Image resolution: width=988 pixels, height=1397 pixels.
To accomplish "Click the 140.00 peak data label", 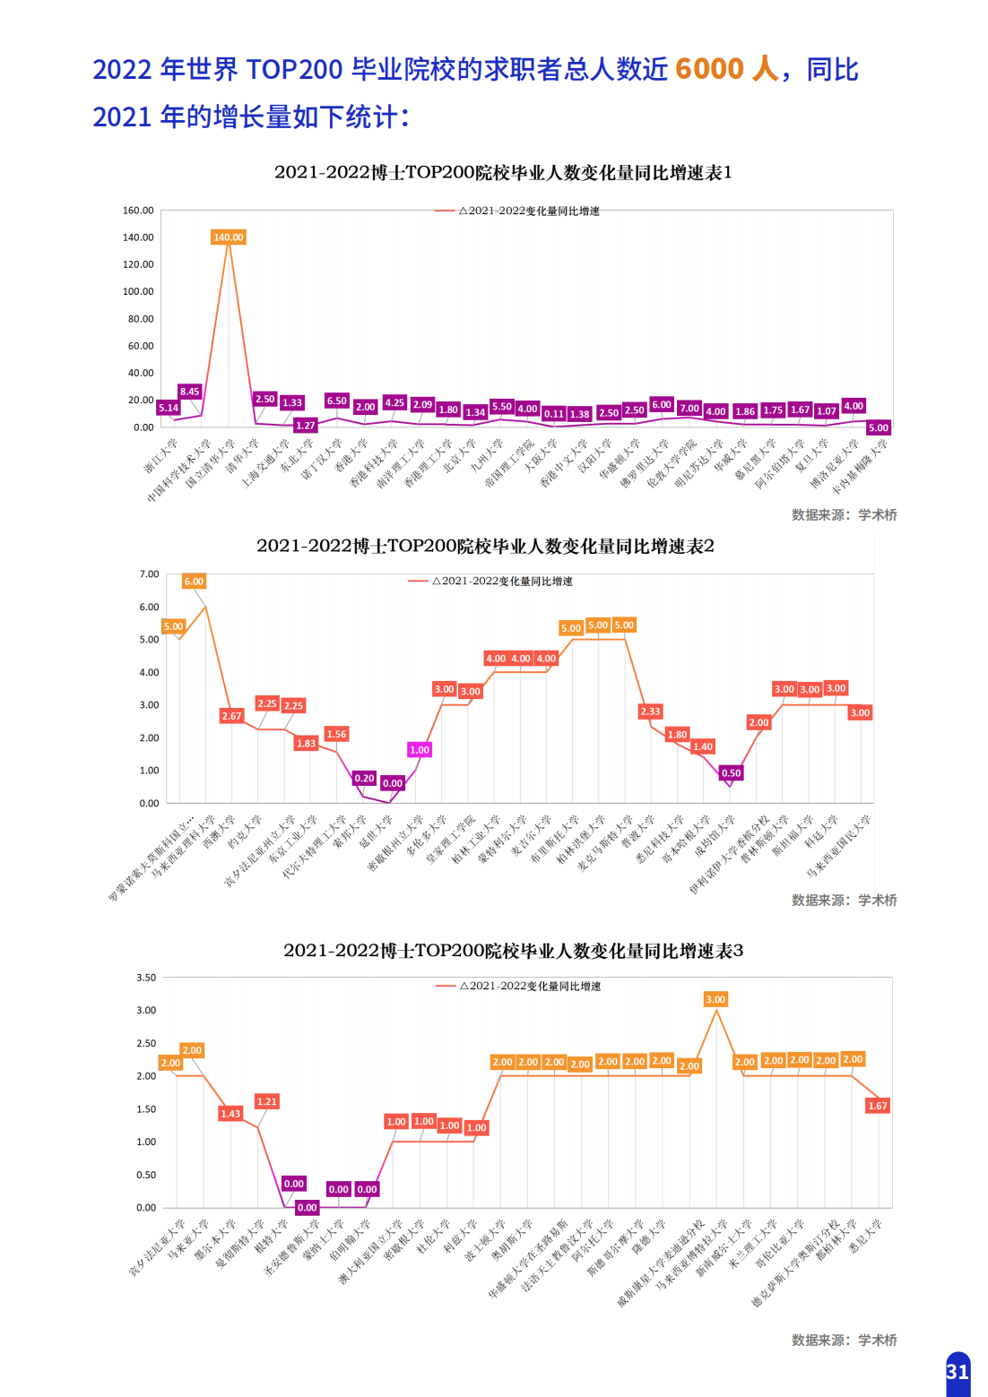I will [x=228, y=237].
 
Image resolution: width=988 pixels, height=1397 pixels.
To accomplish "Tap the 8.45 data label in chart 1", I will [x=189, y=392].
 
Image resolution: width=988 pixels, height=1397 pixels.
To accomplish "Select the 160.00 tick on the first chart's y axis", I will [x=138, y=211].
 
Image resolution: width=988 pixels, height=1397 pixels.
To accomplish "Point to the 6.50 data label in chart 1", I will [x=336, y=401].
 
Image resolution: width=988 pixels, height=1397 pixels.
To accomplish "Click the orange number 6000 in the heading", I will [x=709, y=69].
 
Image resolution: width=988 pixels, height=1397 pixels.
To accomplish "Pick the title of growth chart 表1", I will [x=503, y=172].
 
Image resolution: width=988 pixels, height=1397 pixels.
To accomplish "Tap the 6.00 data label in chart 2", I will [x=194, y=582].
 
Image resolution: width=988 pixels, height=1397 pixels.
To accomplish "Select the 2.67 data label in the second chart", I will [x=231, y=716].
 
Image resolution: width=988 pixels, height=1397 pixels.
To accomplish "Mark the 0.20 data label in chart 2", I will [x=364, y=779].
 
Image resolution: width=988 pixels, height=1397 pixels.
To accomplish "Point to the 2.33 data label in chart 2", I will [x=650, y=711].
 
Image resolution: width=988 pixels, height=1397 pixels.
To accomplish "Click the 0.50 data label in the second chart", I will [x=732, y=773].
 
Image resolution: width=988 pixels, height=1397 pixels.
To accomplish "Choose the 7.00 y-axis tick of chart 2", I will [x=149, y=574].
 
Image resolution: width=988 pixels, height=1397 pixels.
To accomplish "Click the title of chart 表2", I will [x=485, y=546].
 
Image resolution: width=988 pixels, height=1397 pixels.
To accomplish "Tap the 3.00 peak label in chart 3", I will [x=715, y=999].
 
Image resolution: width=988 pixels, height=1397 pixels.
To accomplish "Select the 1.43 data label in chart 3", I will [x=230, y=1114].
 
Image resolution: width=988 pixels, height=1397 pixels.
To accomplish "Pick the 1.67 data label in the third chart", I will [x=878, y=1106].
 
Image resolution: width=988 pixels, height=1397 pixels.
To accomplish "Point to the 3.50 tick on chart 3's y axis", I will [x=146, y=978].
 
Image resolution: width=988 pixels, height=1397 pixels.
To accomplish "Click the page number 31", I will [x=958, y=1372].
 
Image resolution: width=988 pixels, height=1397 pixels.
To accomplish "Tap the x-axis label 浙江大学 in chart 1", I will [x=162, y=455].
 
